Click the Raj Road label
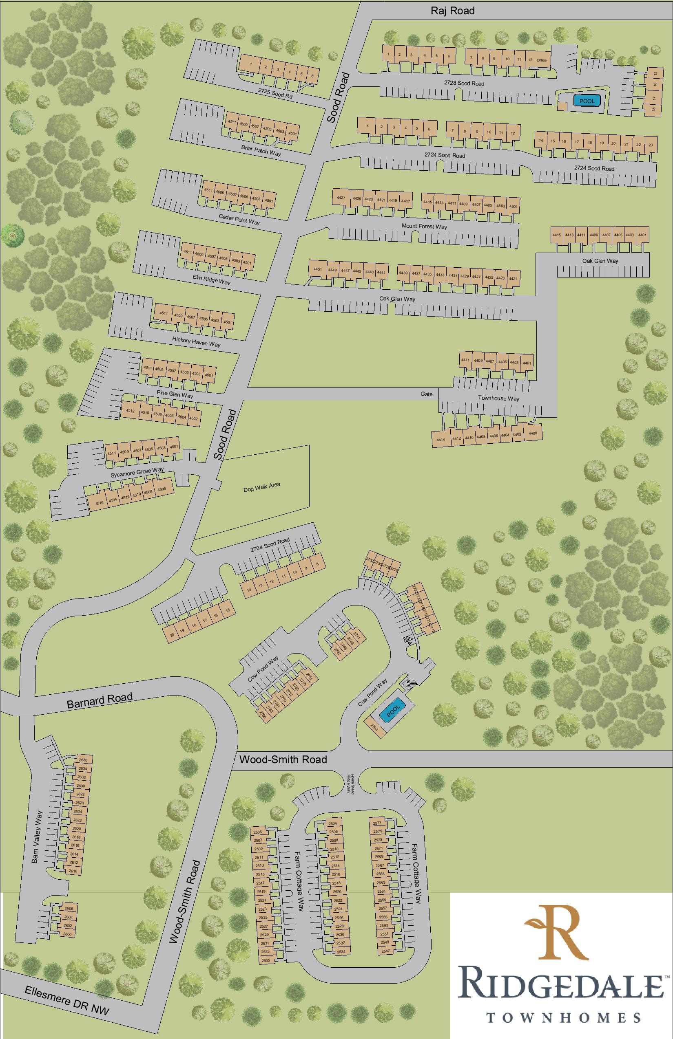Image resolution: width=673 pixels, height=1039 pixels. (452, 11)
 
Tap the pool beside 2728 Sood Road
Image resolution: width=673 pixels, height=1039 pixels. (587, 101)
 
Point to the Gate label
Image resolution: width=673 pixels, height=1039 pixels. (426, 394)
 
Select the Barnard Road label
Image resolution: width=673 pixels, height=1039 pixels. (100, 701)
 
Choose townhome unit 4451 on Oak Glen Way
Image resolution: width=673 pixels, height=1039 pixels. (318, 269)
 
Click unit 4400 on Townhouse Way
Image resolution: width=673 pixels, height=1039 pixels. (533, 433)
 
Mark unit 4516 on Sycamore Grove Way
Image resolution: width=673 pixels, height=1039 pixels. (100, 503)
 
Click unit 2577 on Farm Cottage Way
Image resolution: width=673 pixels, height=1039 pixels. (378, 823)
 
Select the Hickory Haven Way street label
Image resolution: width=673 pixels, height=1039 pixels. (196, 341)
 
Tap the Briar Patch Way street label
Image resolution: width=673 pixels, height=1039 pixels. (261, 151)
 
